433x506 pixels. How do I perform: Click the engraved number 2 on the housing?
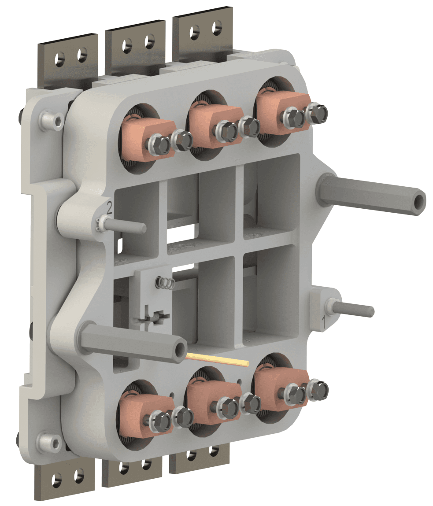[109, 208]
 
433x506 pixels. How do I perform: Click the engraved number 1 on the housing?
[324, 323]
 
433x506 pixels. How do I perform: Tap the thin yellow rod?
[218, 360]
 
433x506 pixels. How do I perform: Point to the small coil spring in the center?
[165, 283]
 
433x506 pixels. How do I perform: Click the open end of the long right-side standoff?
[419, 202]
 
